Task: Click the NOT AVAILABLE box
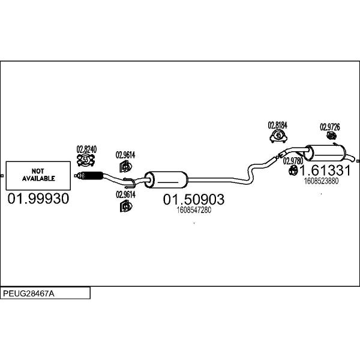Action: point(38,176)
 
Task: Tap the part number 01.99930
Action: point(38,199)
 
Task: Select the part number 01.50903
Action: point(194,199)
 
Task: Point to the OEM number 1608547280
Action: point(194,210)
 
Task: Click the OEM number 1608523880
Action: point(321,181)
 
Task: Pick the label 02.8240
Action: point(86,149)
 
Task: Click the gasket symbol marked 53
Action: point(86,160)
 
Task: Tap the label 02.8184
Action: point(278,125)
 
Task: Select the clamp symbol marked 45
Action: point(278,136)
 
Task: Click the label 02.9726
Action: point(330,127)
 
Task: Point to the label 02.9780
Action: point(293,161)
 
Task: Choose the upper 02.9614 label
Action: point(125,155)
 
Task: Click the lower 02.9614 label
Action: point(125,194)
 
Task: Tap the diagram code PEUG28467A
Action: point(29,293)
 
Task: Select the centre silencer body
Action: point(166,179)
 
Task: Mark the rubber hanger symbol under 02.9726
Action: point(332,136)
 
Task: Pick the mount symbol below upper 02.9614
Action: point(125,166)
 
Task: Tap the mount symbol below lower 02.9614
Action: point(126,206)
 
